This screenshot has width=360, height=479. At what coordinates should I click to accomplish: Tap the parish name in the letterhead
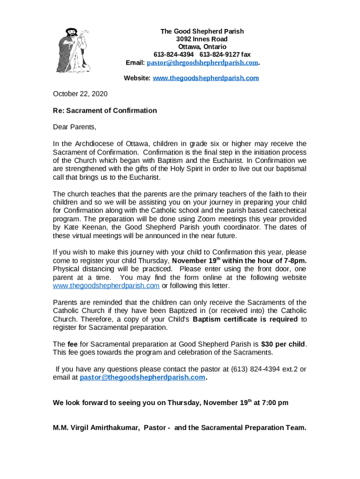[202, 31]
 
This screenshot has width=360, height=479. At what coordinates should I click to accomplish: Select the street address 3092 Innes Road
[202, 39]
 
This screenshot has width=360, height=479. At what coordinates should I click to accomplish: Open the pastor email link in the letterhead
[202, 63]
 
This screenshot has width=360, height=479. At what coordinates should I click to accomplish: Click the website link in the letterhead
[206, 78]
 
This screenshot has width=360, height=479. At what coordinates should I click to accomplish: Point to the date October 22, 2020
[80, 94]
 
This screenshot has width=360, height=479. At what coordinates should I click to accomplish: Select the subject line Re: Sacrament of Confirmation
[105, 111]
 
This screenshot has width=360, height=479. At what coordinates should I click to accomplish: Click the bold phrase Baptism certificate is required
[245, 319]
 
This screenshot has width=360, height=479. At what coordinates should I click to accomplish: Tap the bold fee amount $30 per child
[283, 345]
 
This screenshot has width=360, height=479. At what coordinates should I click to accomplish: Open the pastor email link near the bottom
[143, 377]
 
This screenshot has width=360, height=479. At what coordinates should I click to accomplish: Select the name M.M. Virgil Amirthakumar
[96, 428]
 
